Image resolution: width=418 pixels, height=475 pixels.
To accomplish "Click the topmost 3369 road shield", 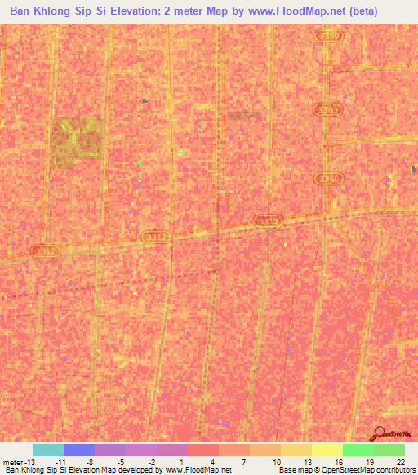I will [x=330, y=37].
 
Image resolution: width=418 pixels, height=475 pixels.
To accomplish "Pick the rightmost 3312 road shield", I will [x=267, y=221].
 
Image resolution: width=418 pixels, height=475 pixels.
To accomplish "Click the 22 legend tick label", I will [x=400, y=461].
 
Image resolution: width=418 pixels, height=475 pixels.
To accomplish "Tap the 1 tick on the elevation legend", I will [x=180, y=461].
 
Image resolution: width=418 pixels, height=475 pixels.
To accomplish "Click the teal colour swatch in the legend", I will [x=48, y=450].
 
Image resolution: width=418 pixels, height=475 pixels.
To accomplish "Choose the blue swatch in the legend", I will [x=79, y=450].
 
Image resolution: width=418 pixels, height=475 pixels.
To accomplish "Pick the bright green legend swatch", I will [x=358, y=450].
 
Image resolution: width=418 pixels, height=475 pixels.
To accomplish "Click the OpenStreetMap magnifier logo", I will [x=378, y=434].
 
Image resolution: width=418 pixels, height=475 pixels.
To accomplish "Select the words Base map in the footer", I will [x=292, y=470].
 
